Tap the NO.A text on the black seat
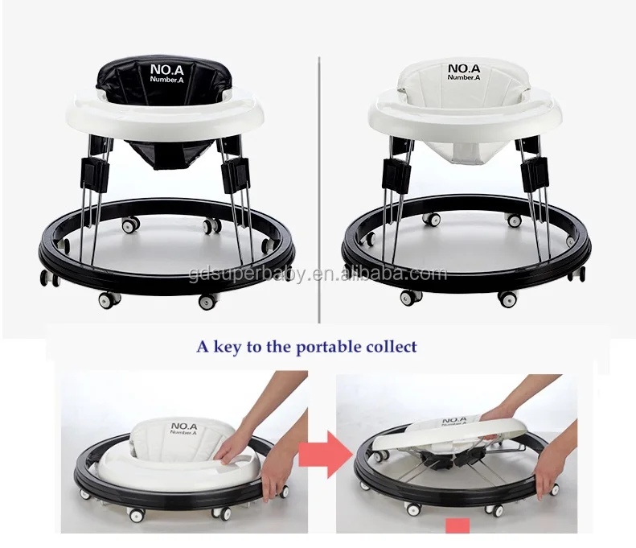pos(166,70)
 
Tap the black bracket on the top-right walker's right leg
pos(534,171)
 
